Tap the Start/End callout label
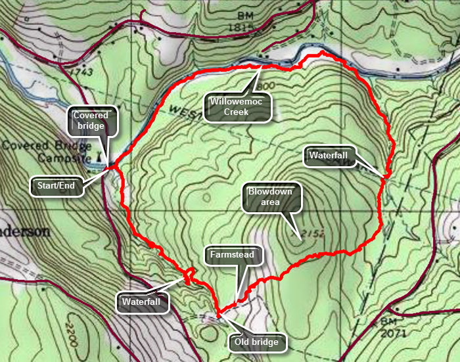[x=57, y=185]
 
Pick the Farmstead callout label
[x=234, y=254]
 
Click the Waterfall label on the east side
[x=329, y=156]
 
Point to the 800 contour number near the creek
[x=266, y=87]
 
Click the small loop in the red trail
[x=189, y=275]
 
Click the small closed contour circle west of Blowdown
[x=207, y=197]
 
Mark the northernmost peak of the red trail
[x=322, y=53]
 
